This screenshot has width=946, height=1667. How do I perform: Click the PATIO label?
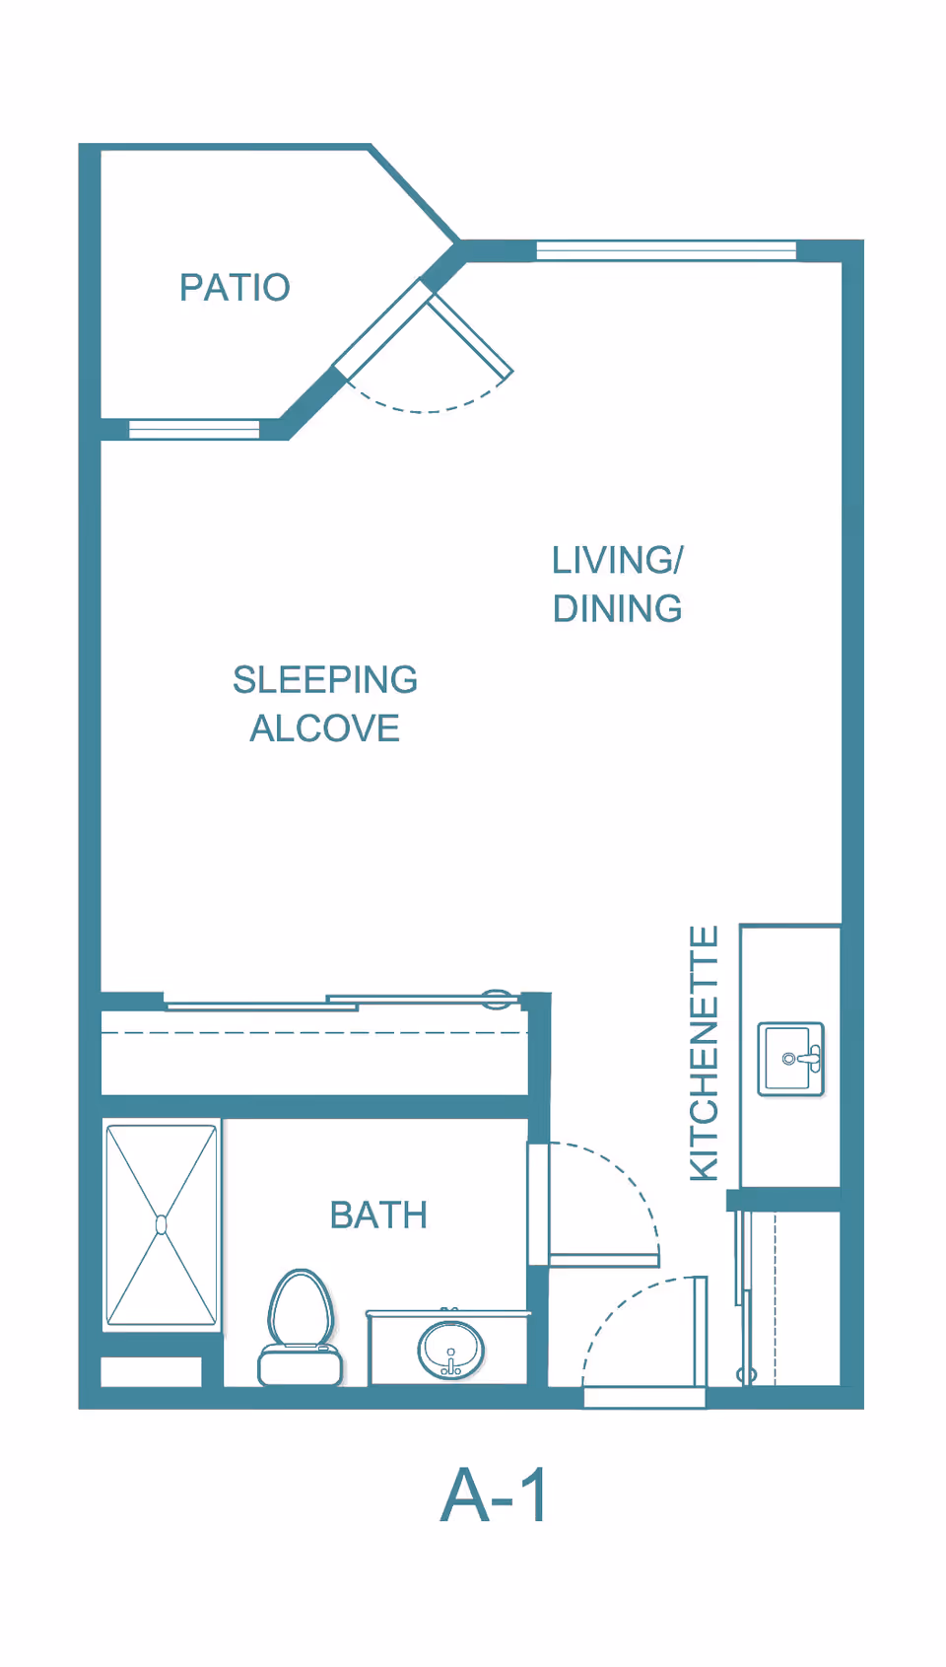(235, 288)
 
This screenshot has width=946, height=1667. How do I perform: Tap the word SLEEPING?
(325, 680)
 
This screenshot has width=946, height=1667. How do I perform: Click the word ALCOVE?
(325, 729)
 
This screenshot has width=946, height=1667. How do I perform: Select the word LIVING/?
(617, 561)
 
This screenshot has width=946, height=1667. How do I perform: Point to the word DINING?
(617, 609)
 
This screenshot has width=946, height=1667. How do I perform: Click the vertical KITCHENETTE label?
(704, 1053)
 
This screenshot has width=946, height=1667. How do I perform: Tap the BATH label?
(378, 1216)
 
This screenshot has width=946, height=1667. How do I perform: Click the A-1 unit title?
(493, 1496)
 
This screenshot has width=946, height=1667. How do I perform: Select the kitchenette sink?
(790, 1059)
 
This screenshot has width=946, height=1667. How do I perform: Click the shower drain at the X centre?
(162, 1224)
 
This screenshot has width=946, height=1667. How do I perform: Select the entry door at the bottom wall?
(644, 1397)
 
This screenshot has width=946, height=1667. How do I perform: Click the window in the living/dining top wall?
(666, 250)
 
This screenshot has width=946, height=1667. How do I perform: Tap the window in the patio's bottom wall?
(194, 429)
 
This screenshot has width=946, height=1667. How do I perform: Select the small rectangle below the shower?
(151, 1371)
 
